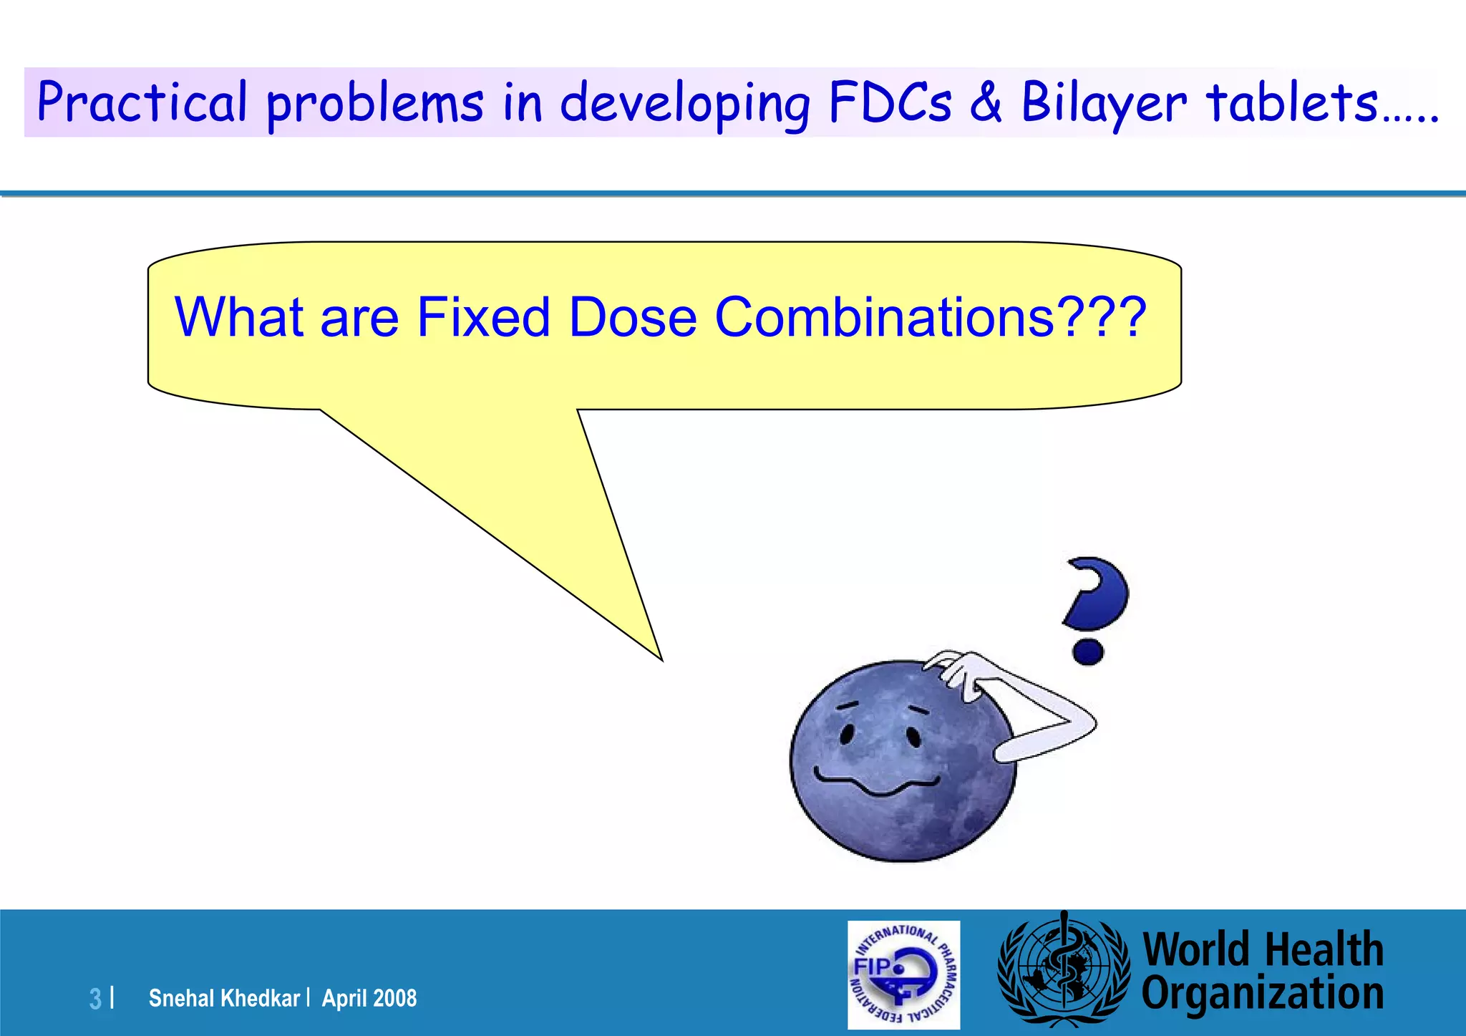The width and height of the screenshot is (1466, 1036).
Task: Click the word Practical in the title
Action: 142,102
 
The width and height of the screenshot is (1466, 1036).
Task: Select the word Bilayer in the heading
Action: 1103,102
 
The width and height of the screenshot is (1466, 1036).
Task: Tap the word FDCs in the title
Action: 890,102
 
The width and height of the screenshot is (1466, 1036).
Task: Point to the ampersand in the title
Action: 986,102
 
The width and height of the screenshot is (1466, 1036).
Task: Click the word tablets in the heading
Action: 1292,102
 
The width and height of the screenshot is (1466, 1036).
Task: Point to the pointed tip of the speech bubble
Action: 660,658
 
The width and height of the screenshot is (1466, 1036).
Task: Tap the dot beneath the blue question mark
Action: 1088,652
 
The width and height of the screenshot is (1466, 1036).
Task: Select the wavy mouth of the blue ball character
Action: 877,782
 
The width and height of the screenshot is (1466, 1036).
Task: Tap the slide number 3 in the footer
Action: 95,998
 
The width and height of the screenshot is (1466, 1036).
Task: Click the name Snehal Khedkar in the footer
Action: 224,998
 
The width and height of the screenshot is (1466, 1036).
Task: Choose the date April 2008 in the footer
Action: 369,998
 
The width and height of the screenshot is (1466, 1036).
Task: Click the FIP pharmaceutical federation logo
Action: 903,974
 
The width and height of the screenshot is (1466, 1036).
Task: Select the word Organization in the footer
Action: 1262,994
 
